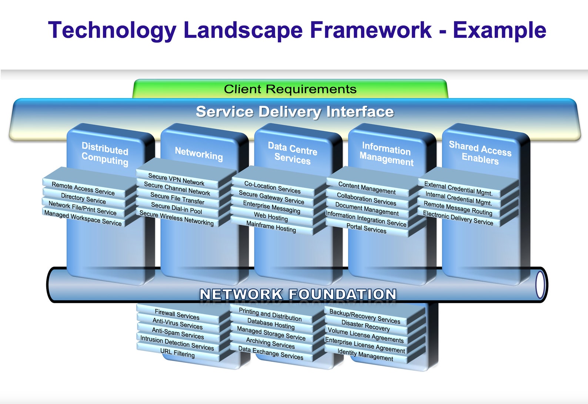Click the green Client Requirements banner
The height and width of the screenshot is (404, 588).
[290, 89]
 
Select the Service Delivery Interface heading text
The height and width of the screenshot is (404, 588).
[295, 112]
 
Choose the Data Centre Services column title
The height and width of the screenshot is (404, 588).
[293, 153]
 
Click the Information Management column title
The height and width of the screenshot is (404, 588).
[386, 154]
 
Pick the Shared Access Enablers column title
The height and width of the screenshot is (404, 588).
[480, 153]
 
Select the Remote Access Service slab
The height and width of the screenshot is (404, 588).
[83, 189]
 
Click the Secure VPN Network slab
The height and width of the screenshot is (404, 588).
[176, 179]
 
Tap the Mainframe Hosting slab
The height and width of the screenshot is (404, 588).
[271, 226]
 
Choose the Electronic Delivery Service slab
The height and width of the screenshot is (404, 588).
[458, 218]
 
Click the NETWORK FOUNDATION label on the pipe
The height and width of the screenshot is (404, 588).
[298, 294]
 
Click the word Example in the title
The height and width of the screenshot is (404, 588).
[500, 30]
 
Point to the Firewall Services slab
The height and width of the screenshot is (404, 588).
[177, 314]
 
